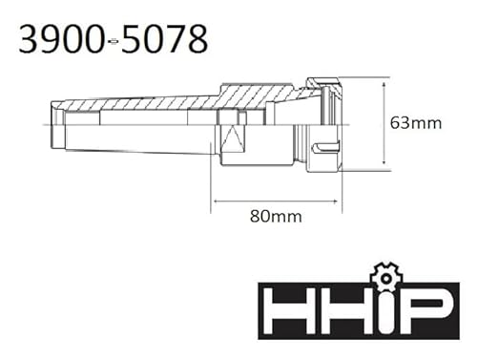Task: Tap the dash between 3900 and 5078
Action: coord(114,40)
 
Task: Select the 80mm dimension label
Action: coord(276,217)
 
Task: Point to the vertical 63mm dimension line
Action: coord(384,123)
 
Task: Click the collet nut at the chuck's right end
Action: coord(324,124)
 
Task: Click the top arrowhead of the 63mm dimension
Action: coord(384,81)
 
